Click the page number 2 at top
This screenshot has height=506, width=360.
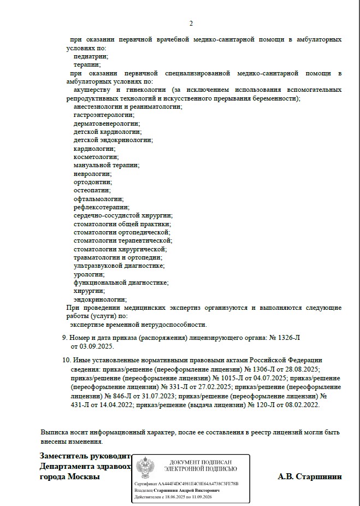pyautogui.click(x=191, y=23)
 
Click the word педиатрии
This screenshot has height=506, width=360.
pyautogui.click(x=91, y=56)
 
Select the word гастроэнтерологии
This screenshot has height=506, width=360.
pyautogui.click(x=104, y=115)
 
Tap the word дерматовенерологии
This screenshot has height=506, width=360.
pyautogui.click(x=106, y=123)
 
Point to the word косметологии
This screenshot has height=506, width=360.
pyautogui.click(x=96, y=157)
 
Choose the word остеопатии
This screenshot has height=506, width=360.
pyautogui.click(x=92, y=190)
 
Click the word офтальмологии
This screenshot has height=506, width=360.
pyautogui.click(x=98, y=199)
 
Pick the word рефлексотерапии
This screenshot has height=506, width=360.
pyautogui.click(x=101, y=207)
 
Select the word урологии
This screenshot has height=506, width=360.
pyautogui.click(x=89, y=274)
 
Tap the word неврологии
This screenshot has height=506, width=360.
pyautogui.click(x=92, y=173)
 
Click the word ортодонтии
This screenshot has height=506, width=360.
pyautogui.click(x=92, y=182)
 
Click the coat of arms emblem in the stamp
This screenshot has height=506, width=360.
pyautogui.click(x=146, y=468)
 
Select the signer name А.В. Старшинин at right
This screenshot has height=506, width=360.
pyautogui.click(x=310, y=476)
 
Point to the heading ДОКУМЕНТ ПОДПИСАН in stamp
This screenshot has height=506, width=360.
pyautogui.click(x=203, y=462)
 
